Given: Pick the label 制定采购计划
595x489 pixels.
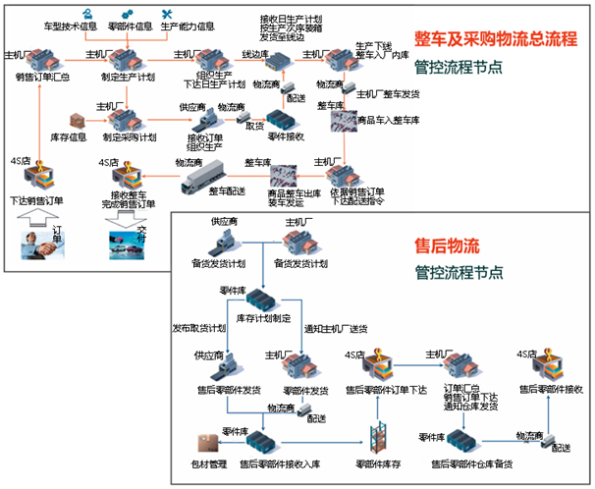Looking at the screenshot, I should pyautogui.click(x=128, y=137).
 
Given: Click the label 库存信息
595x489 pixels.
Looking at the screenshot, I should pyautogui.click(x=69, y=137).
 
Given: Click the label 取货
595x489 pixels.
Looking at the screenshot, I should pyautogui.click(x=254, y=126).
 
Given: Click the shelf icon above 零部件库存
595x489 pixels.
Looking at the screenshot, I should pyautogui.click(x=375, y=434).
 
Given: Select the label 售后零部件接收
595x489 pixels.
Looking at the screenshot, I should pyautogui.click(x=550, y=390).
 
